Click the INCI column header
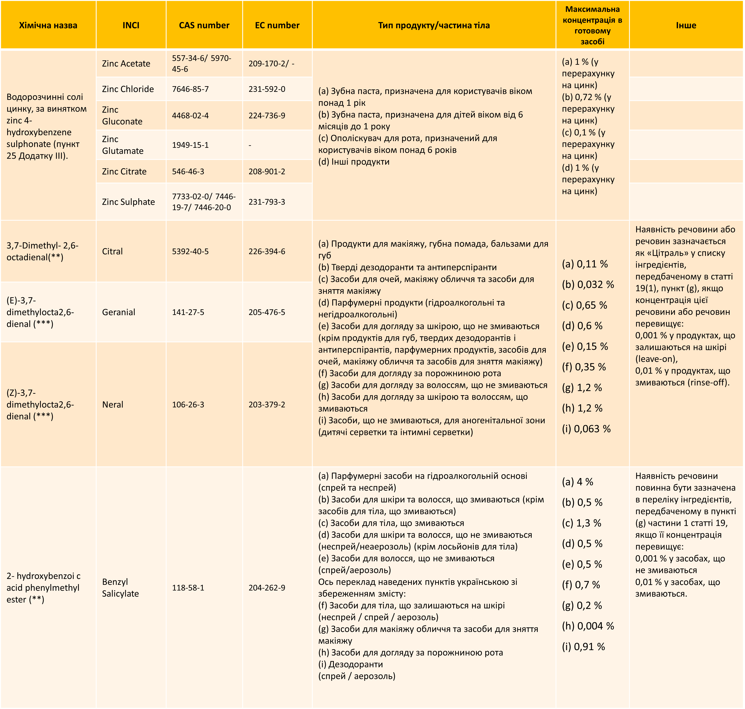(x=131, y=25)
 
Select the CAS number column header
(x=204, y=25)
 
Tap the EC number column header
(x=277, y=25)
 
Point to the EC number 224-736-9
(x=267, y=116)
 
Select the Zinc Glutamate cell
(x=123, y=145)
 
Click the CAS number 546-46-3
(x=188, y=172)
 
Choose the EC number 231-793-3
(x=267, y=202)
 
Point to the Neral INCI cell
(x=113, y=404)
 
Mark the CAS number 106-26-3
(x=188, y=404)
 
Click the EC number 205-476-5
(x=267, y=312)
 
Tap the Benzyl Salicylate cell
(x=120, y=588)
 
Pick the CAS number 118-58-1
(x=188, y=588)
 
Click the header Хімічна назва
(x=48, y=25)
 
